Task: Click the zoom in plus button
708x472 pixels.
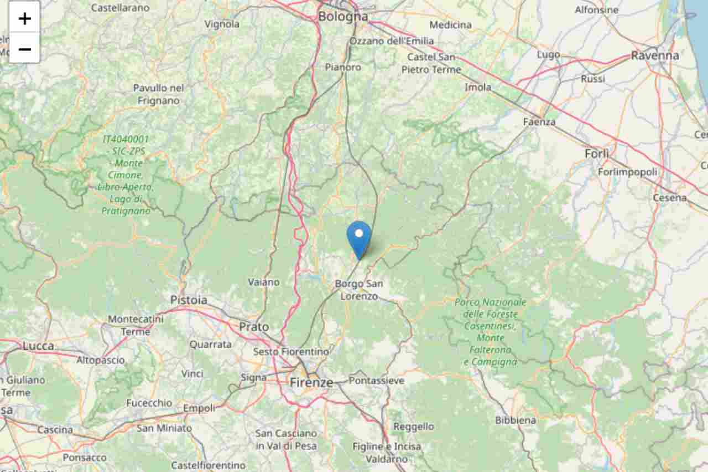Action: pyautogui.click(x=24, y=18)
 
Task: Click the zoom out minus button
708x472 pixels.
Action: pyautogui.click(x=24, y=49)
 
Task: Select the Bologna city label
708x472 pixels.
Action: pyautogui.click(x=342, y=17)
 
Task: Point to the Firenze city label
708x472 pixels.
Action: pyautogui.click(x=311, y=382)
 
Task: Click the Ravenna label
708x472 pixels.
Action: pyautogui.click(x=655, y=55)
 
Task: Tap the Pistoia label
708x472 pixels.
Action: pyautogui.click(x=189, y=300)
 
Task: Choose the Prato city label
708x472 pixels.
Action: pyautogui.click(x=254, y=327)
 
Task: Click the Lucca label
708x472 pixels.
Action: pyautogui.click(x=38, y=346)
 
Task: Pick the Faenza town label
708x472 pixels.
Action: pyautogui.click(x=539, y=121)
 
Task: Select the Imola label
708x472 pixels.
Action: pyautogui.click(x=478, y=87)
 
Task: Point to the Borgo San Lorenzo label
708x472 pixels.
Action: pyautogui.click(x=358, y=290)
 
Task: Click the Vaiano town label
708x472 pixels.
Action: pyautogui.click(x=264, y=282)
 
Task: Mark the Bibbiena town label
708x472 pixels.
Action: pyautogui.click(x=516, y=420)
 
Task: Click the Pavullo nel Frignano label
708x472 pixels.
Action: pyautogui.click(x=159, y=94)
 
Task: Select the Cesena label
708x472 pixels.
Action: pyautogui.click(x=669, y=197)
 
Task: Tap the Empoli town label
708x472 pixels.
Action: pyautogui.click(x=199, y=408)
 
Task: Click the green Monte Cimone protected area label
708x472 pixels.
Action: pyautogui.click(x=126, y=175)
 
